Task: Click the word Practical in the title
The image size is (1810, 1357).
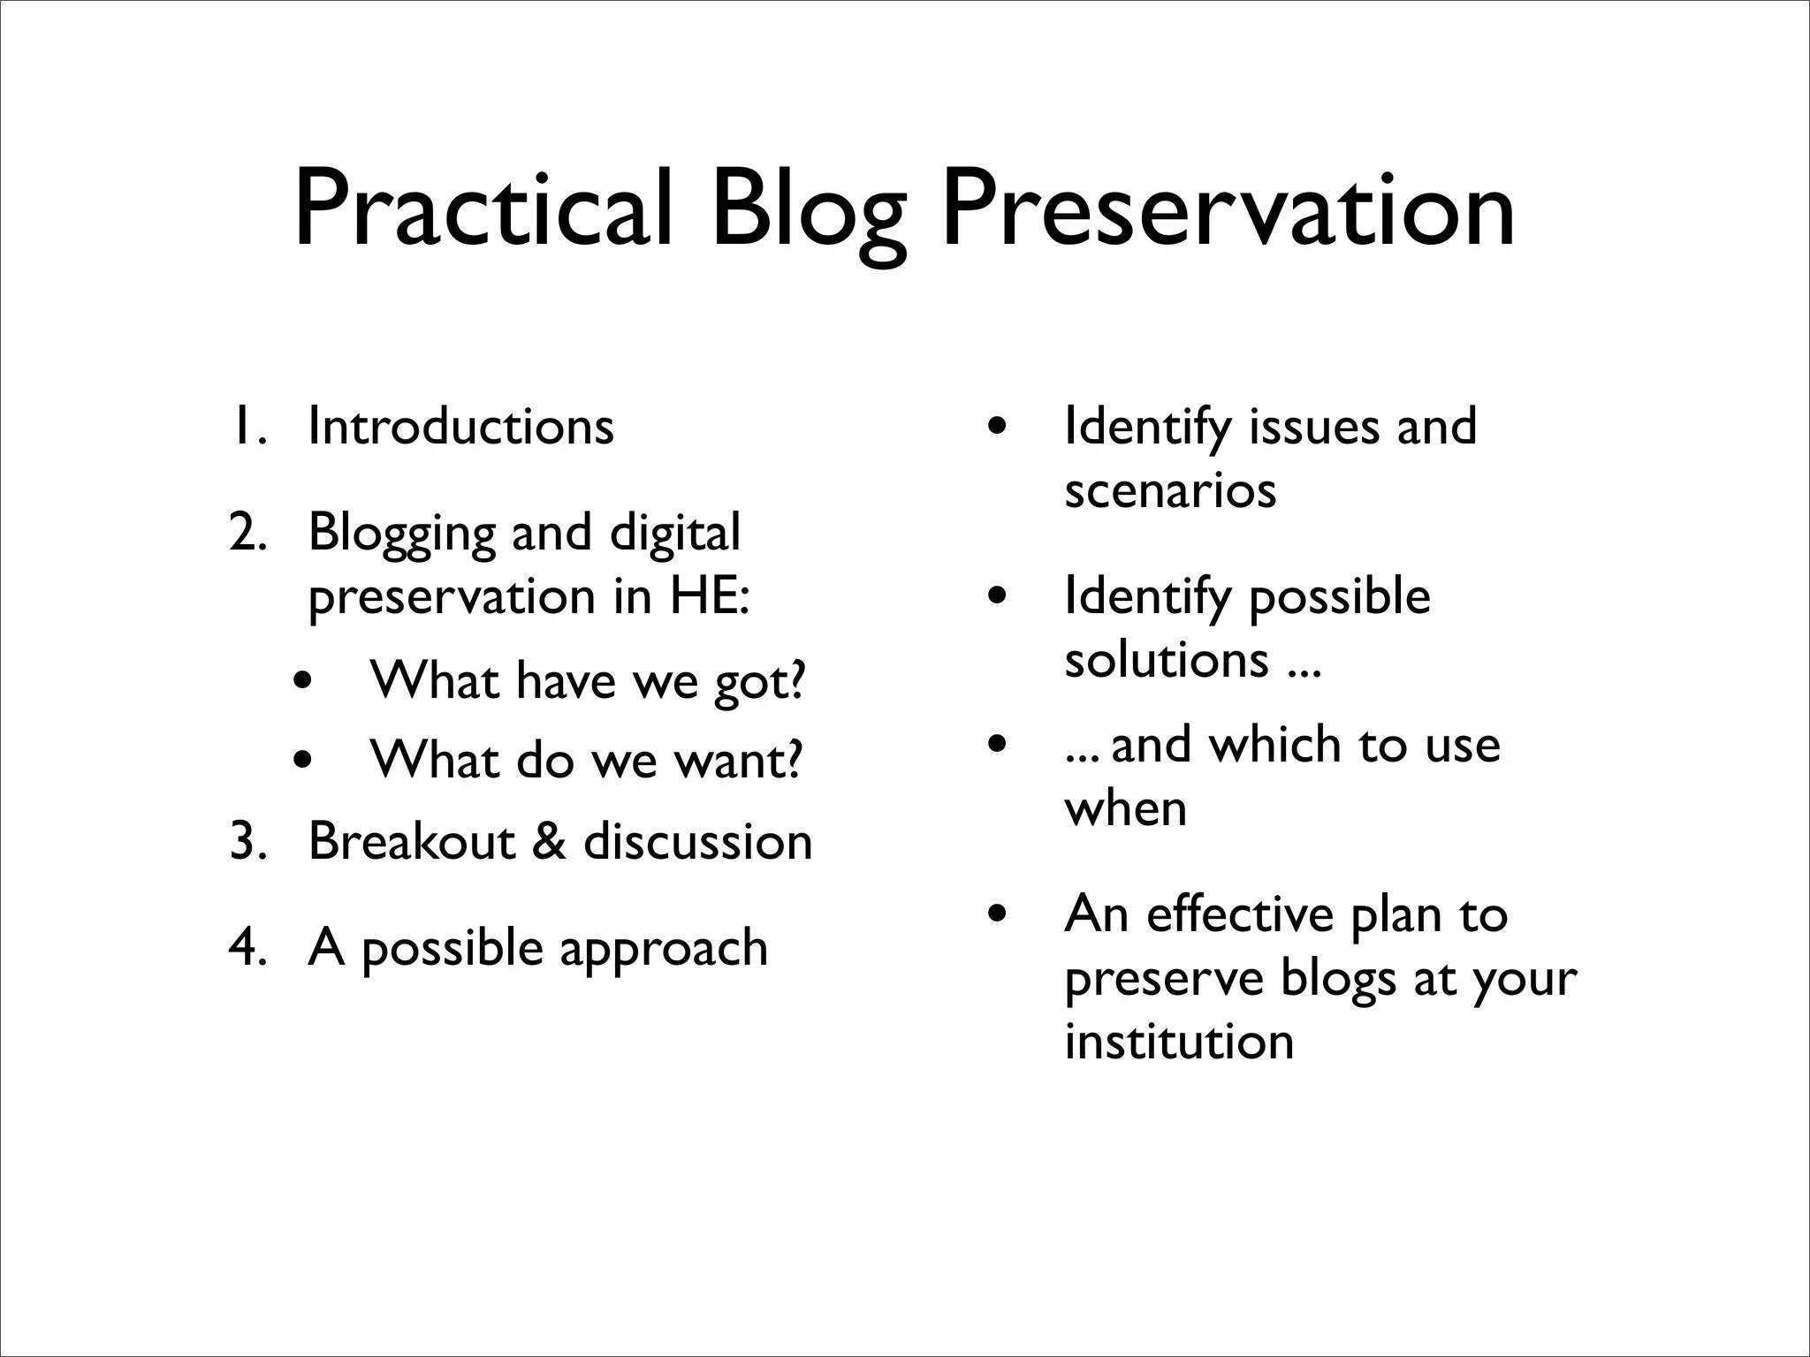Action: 483,212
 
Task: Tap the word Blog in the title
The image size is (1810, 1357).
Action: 809,212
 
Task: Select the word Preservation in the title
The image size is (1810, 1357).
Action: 1228,212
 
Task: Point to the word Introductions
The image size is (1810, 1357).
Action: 460,427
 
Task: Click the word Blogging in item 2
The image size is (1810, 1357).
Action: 402,534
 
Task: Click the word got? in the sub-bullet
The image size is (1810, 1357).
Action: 760,682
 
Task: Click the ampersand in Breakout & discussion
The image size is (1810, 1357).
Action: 549,841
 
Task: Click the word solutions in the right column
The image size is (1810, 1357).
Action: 1166,660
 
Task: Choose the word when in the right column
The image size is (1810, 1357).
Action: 1124,809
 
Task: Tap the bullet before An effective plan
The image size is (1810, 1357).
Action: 997,914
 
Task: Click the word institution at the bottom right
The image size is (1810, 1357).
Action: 1178,1042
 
